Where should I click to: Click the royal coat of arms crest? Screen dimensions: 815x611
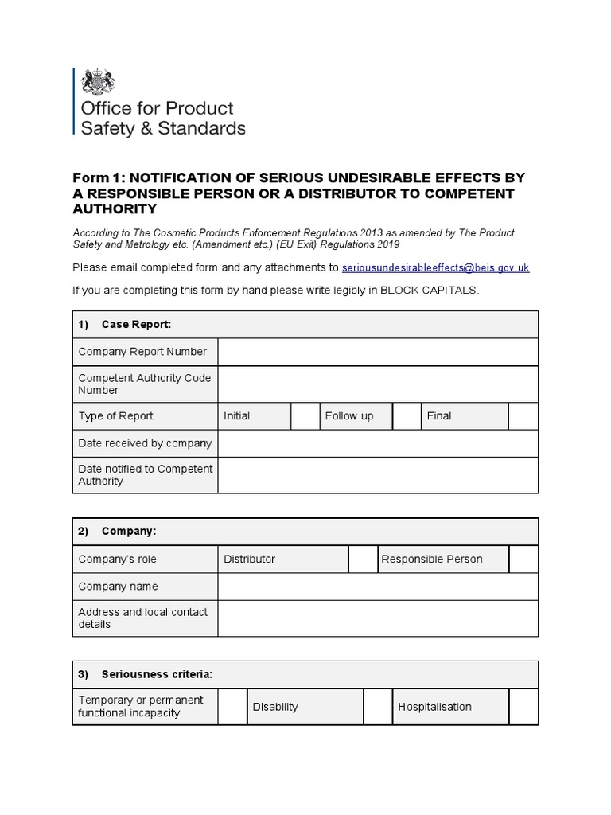99,82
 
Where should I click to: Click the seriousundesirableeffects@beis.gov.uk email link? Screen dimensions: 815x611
435,268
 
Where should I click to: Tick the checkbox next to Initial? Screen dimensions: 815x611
304,416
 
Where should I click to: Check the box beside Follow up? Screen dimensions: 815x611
407,416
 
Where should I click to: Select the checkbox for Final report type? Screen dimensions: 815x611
523,416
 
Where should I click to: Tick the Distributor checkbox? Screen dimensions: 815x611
363,560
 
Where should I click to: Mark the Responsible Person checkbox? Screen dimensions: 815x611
523,560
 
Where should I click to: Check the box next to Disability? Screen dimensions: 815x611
377,707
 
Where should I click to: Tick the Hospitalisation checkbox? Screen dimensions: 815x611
523,707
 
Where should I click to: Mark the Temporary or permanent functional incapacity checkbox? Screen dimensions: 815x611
232,707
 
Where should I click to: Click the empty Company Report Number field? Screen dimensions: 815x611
378,352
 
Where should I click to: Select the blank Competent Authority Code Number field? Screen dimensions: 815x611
378,384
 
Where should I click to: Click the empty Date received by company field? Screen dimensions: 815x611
378,443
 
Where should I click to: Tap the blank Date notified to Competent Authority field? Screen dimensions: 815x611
378,475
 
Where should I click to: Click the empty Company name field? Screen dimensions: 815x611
378,587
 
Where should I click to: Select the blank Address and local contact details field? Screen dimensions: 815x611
378,618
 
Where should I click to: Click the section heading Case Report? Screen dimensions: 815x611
136,325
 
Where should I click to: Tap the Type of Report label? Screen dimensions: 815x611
115,416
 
